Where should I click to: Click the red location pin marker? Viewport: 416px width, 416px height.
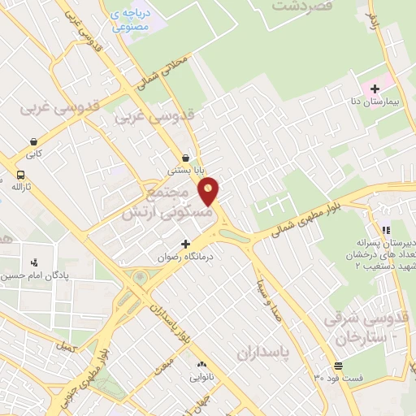[210, 190]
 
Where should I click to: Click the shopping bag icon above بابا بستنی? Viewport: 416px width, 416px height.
[187, 158]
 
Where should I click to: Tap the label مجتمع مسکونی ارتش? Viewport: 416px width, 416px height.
[175, 204]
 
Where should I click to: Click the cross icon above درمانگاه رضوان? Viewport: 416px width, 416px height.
[186, 243]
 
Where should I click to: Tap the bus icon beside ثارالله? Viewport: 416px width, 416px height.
[19, 173]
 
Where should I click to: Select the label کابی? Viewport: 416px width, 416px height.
[32, 153]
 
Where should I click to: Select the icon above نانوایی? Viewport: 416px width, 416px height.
[201, 364]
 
